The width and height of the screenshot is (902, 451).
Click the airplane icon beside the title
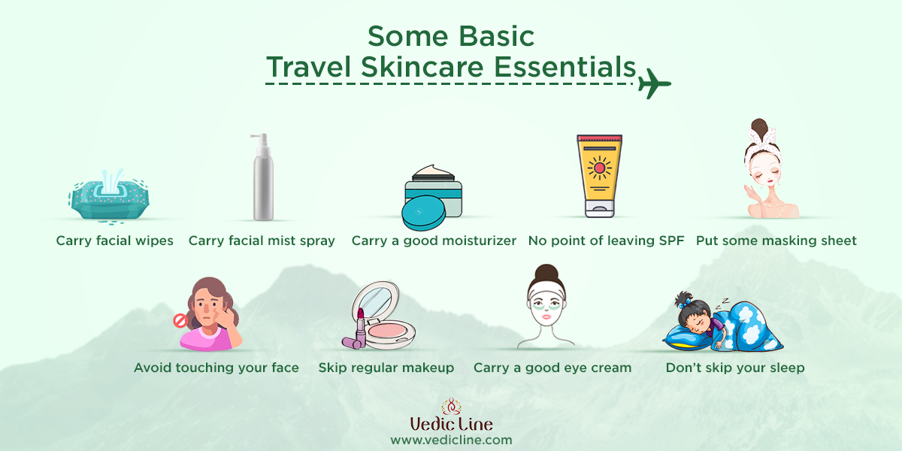[653, 83]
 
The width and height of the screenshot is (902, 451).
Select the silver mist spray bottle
[263, 177]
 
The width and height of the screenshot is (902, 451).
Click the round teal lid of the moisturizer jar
[423, 213]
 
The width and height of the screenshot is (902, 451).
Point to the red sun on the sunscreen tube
[599, 168]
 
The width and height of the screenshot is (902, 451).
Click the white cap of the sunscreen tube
[600, 209]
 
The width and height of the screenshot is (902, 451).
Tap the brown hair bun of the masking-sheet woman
[760, 129]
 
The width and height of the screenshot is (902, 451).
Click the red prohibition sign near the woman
[180, 320]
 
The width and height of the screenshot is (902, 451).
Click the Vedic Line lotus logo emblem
[451, 407]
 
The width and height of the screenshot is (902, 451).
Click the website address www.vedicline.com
[451, 440]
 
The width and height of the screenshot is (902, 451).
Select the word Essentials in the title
[565, 67]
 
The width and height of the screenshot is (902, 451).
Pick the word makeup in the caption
[428, 368]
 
